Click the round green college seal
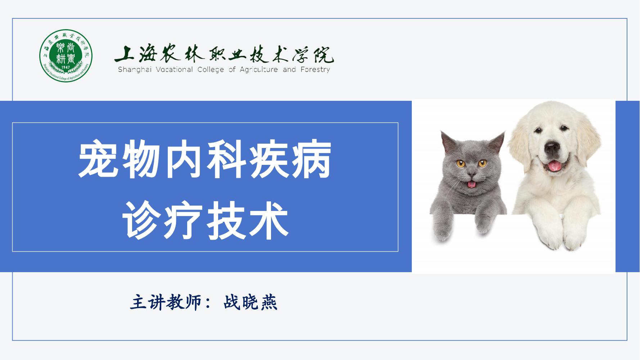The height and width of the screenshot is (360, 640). click(x=66, y=55)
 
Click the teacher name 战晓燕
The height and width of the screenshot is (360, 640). click(x=251, y=303)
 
